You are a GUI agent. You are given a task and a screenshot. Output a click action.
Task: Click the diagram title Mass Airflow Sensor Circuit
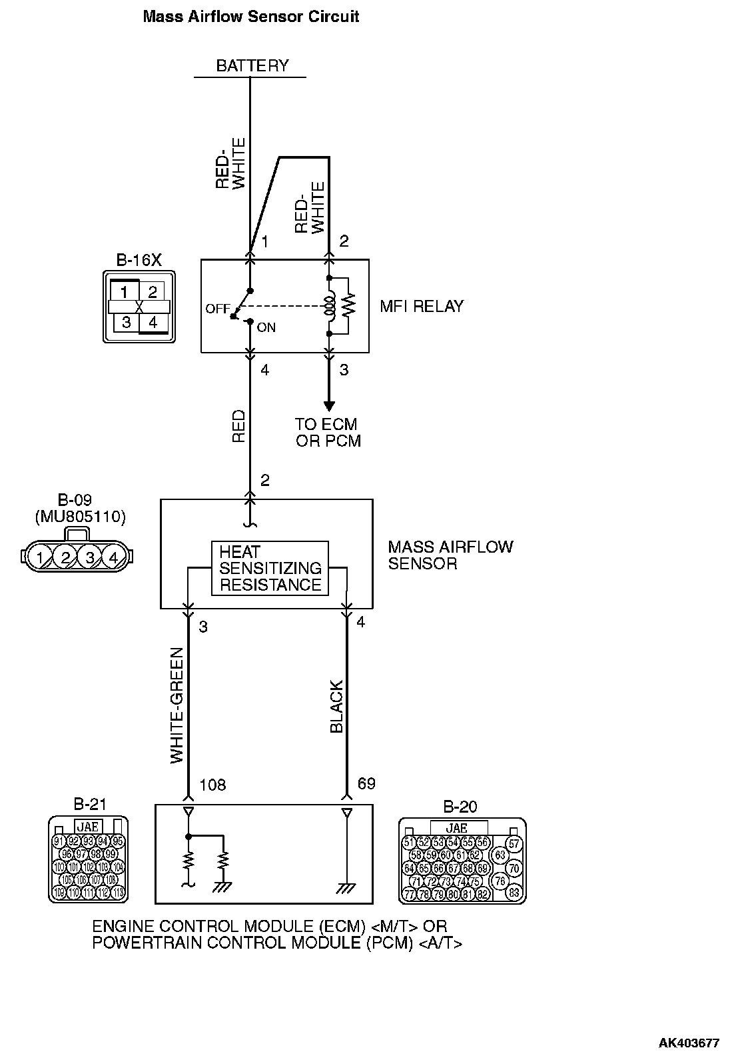coord(251,17)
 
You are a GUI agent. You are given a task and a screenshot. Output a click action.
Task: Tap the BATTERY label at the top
coord(252,65)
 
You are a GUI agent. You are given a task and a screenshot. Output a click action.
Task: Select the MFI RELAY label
coord(421,307)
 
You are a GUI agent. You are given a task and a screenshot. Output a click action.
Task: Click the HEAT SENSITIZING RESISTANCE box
coord(270,569)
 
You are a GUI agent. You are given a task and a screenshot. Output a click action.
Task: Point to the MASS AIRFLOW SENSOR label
coord(450,555)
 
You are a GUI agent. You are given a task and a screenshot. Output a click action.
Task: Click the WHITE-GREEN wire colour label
coord(177,705)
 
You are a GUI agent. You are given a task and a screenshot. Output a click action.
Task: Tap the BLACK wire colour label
coord(336,707)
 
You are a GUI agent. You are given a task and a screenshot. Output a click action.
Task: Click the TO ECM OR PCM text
coord(326,433)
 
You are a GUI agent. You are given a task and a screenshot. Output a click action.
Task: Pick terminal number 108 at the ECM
coord(212,785)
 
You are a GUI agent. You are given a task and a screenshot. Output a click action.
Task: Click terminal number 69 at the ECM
coord(366,783)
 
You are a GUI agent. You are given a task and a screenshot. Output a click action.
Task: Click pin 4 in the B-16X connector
coord(153,323)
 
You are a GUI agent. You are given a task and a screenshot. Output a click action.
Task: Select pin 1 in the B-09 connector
coord(41,557)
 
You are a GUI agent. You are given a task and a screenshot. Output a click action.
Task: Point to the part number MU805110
coord(80,516)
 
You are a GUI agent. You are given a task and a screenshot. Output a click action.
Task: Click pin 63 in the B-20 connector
coord(499,855)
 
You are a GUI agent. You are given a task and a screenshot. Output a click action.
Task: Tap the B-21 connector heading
coord(89,805)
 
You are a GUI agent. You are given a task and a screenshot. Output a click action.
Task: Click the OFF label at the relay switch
coord(217,309)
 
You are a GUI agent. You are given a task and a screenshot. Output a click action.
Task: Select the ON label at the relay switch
coord(266,328)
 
